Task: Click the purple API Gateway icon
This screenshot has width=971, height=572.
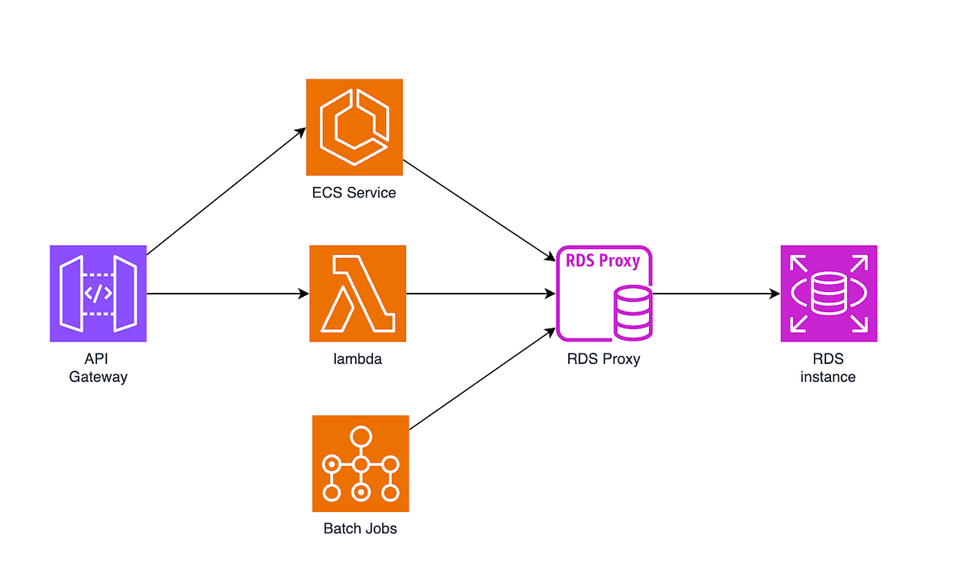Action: click(98, 293)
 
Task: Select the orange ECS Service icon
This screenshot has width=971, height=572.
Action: click(354, 127)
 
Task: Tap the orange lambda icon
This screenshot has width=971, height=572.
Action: click(358, 293)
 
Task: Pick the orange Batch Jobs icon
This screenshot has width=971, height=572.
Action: click(361, 464)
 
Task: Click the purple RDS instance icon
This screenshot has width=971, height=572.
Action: click(829, 293)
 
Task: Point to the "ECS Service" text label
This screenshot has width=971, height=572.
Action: click(354, 193)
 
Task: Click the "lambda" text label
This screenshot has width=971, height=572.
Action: click(358, 358)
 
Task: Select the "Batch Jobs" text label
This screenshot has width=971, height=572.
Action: click(360, 529)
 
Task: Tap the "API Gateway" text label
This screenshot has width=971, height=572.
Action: click(98, 367)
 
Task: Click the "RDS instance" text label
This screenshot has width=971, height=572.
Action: click(828, 367)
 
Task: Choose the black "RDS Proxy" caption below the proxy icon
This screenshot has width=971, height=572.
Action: click(604, 358)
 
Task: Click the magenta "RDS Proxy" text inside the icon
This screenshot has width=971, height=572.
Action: click(603, 261)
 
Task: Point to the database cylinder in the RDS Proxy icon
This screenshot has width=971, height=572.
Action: click(633, 312)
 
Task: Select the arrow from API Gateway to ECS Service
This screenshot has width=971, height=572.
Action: click(227, 191)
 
